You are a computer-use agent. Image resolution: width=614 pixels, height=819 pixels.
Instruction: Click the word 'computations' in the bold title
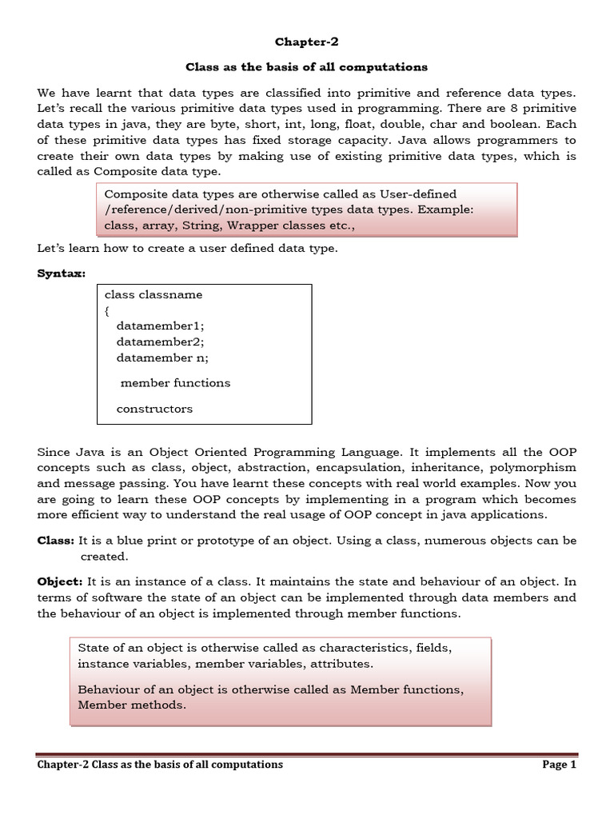pyautogui.click(x=387, y=66)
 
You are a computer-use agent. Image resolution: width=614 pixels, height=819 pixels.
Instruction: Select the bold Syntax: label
pyautogui.click(x=62, y=274)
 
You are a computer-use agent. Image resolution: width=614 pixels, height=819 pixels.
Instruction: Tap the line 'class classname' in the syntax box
pyautogui.click(x=153, y=294)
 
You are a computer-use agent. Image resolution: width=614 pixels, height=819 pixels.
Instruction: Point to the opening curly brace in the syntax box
pyautogui.click(x=107, y=310)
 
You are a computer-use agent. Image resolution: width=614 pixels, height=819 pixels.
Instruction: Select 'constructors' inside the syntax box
pyautogui.click(x=154, y=409)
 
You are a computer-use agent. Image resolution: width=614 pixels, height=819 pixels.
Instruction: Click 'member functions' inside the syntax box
pyautogui.click(x=175, y=383)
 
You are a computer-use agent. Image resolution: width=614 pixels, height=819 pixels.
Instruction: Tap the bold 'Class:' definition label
pyautogui.click(x=56, y=541)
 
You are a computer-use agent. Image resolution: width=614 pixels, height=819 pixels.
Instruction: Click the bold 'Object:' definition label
pyautogui.click(x=60, y=581)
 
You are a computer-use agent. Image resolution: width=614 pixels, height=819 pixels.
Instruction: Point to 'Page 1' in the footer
pyautogui.click(x=559, y=765)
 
